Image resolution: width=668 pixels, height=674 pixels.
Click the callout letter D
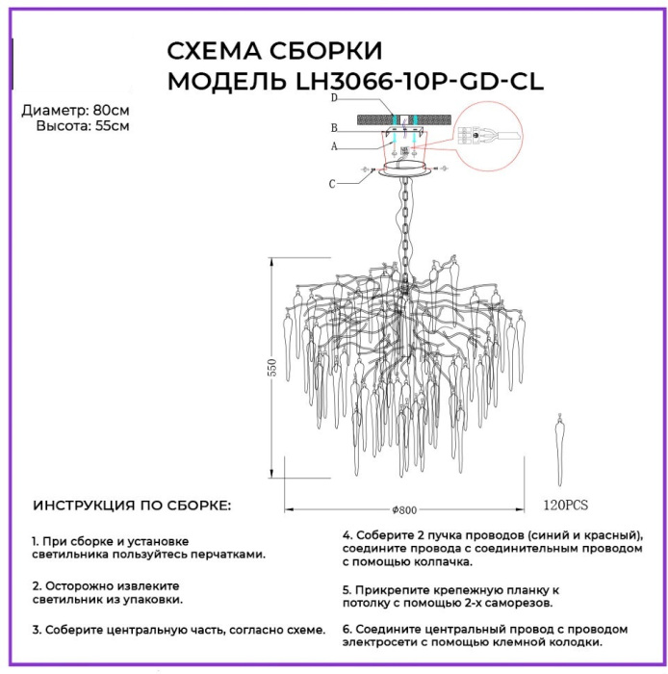pos(332,98)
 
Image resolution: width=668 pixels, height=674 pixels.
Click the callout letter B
pos(332,127)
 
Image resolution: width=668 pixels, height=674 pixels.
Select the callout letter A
pos(332,147)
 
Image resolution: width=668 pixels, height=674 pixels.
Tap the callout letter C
pos(332,183)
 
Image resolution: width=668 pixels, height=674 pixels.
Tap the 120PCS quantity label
pos(565,504)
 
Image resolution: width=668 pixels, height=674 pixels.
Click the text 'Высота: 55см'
pos(82,125)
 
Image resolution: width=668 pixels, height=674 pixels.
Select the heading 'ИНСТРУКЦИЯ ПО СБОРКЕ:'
pos(132,505)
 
